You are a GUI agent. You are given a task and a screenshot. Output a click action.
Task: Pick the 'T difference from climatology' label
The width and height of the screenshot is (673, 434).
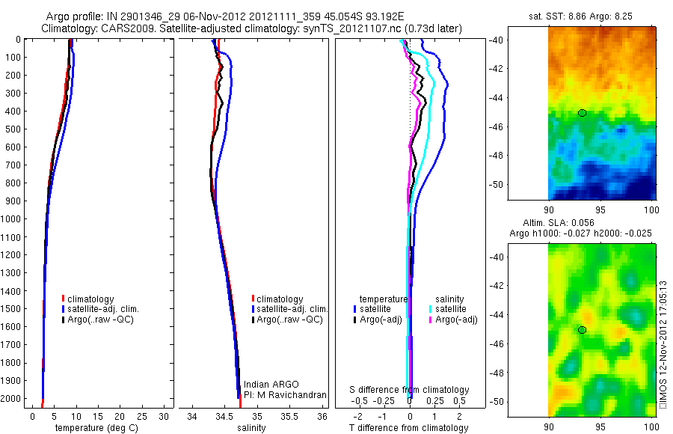409,428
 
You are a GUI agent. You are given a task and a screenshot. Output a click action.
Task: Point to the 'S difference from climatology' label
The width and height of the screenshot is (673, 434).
409,390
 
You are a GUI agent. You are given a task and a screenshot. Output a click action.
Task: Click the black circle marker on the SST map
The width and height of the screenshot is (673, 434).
582,113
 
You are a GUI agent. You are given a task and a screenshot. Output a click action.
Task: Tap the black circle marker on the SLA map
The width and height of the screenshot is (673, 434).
582,330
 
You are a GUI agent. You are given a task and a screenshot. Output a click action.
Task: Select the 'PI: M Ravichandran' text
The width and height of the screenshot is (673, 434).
285,394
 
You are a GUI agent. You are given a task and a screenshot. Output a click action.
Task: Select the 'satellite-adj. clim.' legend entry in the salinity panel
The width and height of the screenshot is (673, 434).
292,309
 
